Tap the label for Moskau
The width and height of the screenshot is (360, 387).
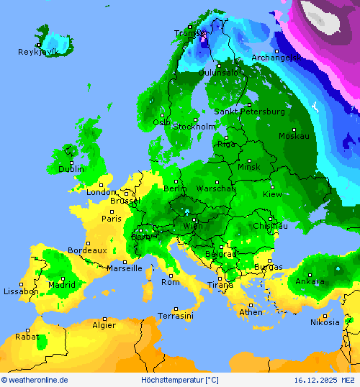pyautogui.click(x=294, y=136)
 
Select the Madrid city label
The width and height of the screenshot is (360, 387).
pyautogui.click(x=62, y=284)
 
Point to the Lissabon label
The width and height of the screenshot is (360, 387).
pyautogui.click(x=20, y=291)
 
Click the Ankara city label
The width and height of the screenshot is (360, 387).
pyautogui.click(x=310, y=281)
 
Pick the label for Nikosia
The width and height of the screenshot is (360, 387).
pyautogui.click(x=324, y=322)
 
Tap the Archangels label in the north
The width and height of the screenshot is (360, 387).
pyautogui.click(x=274, y=58)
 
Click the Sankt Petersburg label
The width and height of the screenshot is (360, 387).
pyautogui.click(x=249, y=111)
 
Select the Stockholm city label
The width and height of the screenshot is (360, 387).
pyautogui.click(x=194, y=127)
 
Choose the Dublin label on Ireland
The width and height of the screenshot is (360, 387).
pyautogui.click(x=71, y=169)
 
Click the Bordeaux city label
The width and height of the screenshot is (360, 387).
pyautogui.click(x=86, y=250)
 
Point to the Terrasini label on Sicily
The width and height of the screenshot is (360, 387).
pyautogui.click(x=176, y=316)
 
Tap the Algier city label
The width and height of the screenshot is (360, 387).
pyautogui.click(x=104, y=325)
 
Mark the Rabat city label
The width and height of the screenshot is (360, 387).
pyautogui.click(x=27, y=336)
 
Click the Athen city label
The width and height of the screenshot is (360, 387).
pyautogui.click(x=251, y=312)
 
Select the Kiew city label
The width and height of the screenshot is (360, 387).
pyautogui.click(x=273, y=194)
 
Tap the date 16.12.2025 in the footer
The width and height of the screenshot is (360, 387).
pyautogui.click(x=315, y=380)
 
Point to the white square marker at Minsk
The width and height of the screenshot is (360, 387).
pyautogui.click(x=250, y=160)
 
